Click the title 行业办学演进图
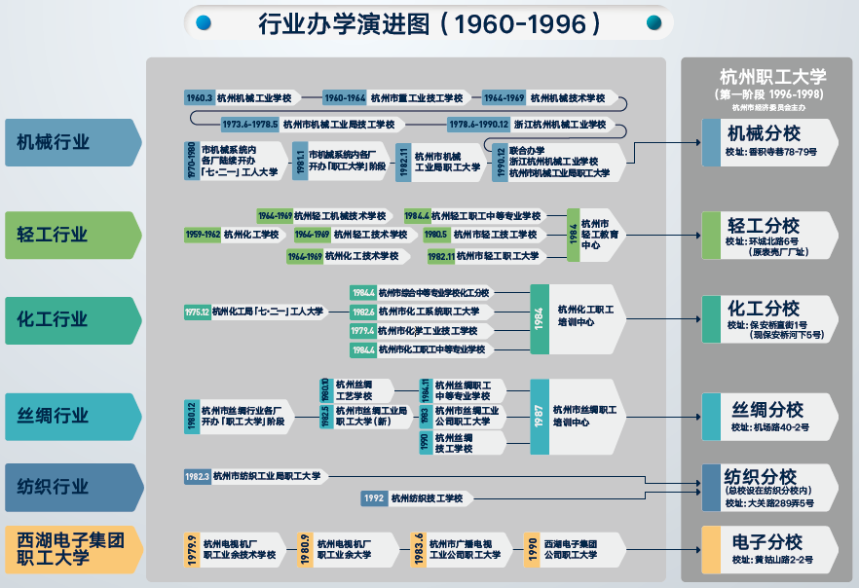429,22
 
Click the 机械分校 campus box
769,141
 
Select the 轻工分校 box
769,235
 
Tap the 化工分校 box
769,319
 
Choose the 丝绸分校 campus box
769,417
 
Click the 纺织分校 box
769,487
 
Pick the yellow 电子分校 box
769,550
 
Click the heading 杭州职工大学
772,76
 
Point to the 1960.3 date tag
199,97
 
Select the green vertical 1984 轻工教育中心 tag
574,235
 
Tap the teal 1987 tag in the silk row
539,417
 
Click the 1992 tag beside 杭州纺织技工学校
375,498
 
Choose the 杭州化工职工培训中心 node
584,314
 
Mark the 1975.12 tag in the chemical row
197,312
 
